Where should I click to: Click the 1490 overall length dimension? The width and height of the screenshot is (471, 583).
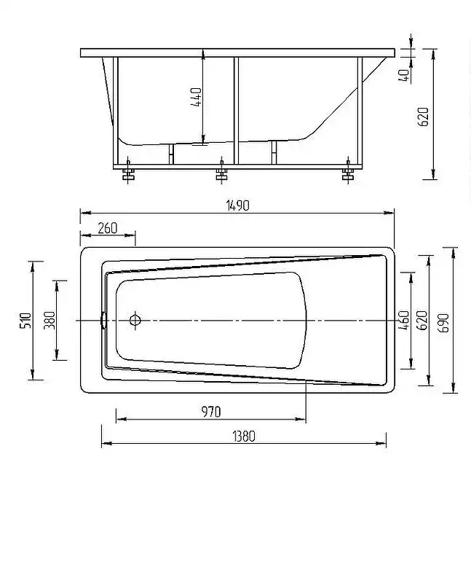pos(237,206)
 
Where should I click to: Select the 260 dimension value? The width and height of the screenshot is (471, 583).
pos(107,228)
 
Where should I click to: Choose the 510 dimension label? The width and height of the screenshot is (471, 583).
pos(24,320)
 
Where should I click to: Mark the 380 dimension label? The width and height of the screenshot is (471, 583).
pos(49,320)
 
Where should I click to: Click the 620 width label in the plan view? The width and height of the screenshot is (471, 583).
pos(420,321)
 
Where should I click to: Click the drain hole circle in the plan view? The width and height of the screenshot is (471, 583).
pos(135,320)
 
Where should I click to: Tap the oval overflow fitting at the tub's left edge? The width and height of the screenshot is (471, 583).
pos(103,320)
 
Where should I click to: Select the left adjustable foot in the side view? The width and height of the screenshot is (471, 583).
pos(128,174)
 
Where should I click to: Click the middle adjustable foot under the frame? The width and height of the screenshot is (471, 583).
pos(221,174)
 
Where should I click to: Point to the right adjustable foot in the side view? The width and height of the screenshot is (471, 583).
pos(348,174)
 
